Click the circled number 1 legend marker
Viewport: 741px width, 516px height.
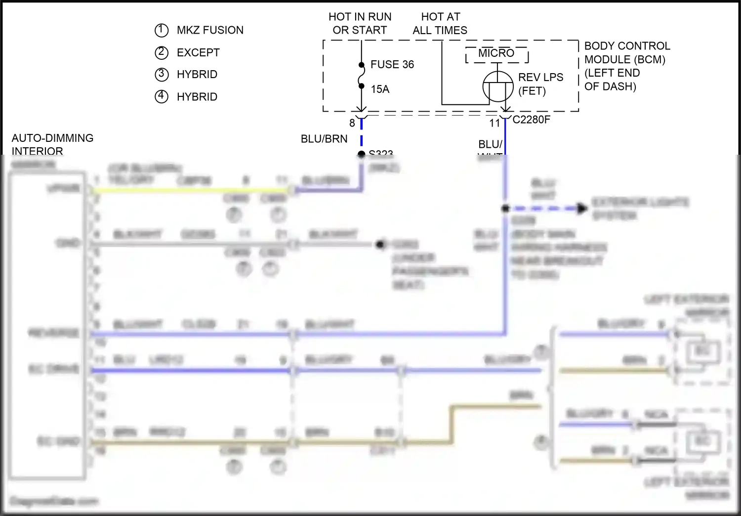click(162, 30)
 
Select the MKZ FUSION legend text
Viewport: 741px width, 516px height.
click(210, 30)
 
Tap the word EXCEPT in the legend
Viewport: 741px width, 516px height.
click(198, 52)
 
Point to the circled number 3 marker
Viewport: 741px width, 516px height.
click(162, 74)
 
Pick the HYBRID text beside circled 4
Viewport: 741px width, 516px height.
click(197, 97)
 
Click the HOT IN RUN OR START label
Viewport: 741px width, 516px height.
click(360, 23)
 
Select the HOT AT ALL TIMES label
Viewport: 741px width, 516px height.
click(440, 23)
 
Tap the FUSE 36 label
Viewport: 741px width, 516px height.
click(392, 64)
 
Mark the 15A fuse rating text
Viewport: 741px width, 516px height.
click(380, 89)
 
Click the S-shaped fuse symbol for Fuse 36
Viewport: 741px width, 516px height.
click(362, 76)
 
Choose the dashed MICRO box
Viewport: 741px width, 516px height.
click(496, 54)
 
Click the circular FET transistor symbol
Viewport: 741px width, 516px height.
click(497, 86)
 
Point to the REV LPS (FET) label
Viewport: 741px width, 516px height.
click(540, 84)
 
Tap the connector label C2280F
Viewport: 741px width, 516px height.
click(531, 120)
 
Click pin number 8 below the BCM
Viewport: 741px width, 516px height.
click(352, 123)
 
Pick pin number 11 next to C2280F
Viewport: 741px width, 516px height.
click(494, 123)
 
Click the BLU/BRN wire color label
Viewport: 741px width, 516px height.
click(324, 139)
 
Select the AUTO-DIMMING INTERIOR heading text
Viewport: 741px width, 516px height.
click(52, 144)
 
